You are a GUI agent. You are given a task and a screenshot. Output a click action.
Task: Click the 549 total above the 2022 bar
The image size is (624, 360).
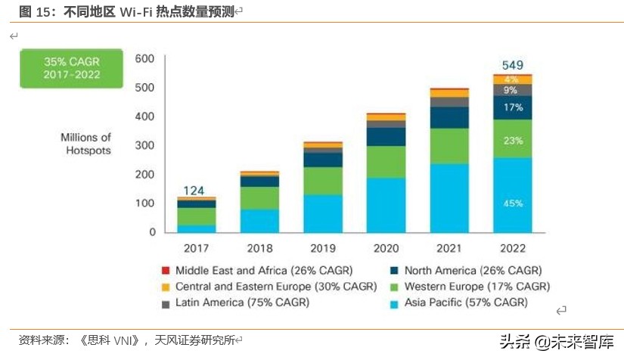(512, 65)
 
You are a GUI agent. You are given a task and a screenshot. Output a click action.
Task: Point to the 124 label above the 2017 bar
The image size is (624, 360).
(196, 191)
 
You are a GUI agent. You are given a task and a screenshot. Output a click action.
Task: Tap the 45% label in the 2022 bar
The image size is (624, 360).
(513, 203)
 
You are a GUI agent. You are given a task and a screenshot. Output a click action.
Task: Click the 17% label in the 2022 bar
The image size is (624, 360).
(513, 107)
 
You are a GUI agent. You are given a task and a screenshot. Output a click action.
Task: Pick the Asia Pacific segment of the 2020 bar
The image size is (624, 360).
(386, 205)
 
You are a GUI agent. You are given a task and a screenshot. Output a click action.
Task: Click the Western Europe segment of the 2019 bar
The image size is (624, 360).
(322, 181)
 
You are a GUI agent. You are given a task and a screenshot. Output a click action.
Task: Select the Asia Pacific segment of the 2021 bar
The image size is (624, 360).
(449, 198)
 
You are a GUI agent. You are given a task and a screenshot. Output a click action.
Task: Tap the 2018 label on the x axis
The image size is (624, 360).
(259, 247)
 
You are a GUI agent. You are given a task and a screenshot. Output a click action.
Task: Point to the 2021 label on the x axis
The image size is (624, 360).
(449, 247)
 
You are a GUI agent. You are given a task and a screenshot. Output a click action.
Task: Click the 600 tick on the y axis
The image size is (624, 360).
(144, 59)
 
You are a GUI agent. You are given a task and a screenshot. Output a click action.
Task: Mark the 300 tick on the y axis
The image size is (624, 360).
(144, 145)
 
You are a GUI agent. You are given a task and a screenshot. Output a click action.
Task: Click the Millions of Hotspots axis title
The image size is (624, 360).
(86, 144)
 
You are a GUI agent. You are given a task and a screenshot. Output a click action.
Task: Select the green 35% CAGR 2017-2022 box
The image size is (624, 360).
(71, 68)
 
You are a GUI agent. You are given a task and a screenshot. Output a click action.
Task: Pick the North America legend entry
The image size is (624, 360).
(464, 270)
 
